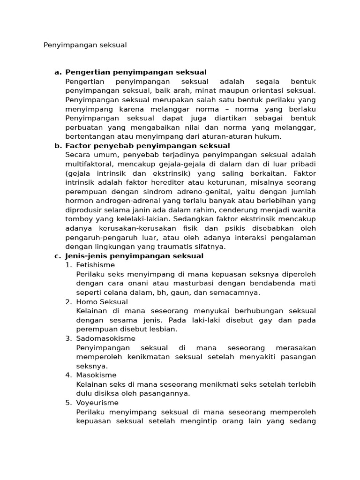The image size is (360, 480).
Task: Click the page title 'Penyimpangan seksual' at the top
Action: [85, 45]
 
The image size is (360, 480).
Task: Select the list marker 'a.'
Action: [58, 72]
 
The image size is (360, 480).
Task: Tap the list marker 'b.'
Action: [58, 146]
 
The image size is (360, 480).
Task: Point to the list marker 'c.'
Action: [58, 256]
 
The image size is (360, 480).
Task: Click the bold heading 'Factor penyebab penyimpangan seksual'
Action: [148, 146]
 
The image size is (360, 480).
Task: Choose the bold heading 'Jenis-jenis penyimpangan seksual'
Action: [135, 256]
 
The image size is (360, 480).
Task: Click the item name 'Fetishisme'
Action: [95, 265]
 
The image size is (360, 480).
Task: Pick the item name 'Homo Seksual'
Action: [102, 302]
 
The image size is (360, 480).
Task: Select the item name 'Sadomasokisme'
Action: [105, 338]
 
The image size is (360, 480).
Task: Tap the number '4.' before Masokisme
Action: [68, 375]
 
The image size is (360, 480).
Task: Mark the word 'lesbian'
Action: [164, 329]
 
